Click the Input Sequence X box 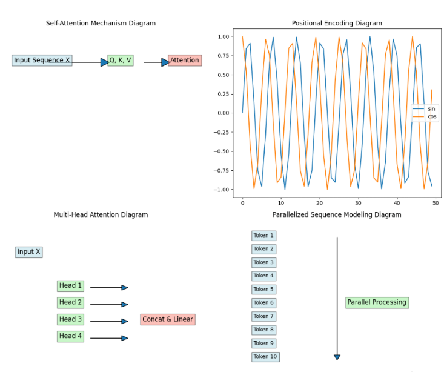click(42, 61)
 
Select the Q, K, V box click(120, 61)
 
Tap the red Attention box click(185, 61)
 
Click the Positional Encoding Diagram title click(337, 24)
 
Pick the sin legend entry click(431, 109)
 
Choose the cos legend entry click(432, 117)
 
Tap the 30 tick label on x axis click(358, 204)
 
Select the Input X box click(29, 252)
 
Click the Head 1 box click(70, 286)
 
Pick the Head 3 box click(70, 319)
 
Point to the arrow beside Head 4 click(109, 338)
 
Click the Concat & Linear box click(168, 319)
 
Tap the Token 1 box click(263, 236)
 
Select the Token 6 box click(263, 303)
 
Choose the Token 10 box click(265, 357)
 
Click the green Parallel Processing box click(377, 302)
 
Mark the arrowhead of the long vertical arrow click(337, 357)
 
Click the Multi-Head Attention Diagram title click(101, 215)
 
